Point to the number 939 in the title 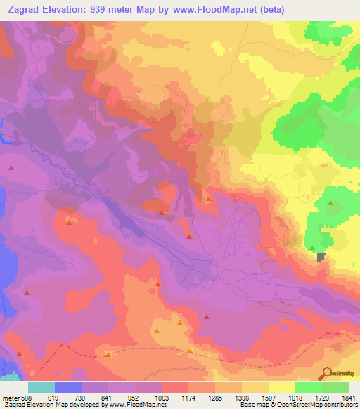pos(101,9)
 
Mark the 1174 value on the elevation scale pos(189,397)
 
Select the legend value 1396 pos(243,397)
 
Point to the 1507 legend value pos(269,397)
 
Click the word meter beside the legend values pos(11,397)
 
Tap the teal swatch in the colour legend pos(41,387)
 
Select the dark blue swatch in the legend pos(68,387)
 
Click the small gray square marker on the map pos(322,257)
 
